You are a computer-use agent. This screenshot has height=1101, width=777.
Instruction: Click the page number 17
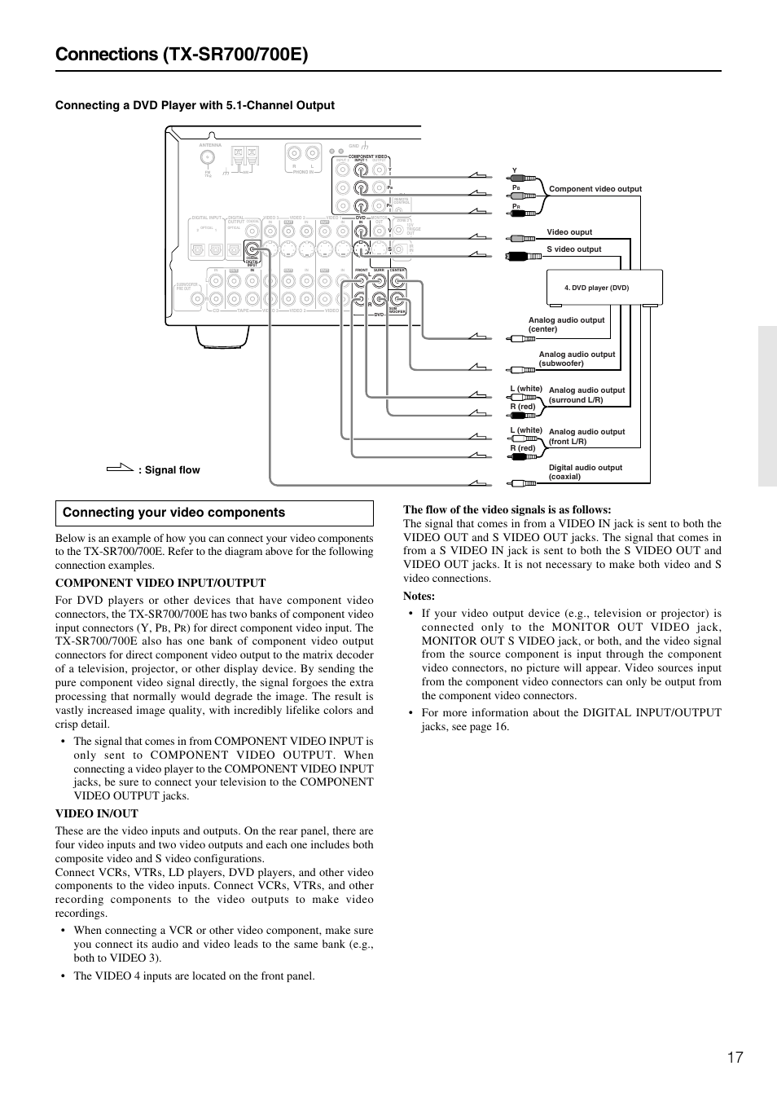click(735, 1057)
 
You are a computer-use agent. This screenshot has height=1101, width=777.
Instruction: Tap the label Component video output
click(595, 189)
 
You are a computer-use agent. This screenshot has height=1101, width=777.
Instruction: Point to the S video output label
click(573, 249)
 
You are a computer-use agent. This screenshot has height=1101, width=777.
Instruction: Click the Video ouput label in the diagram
click(569, 232)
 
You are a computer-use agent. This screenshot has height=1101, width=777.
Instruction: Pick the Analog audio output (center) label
click(566, 324)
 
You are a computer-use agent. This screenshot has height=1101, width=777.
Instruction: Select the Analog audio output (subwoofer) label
click(577, 359)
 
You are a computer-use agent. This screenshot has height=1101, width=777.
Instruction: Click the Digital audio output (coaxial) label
click(585, 472)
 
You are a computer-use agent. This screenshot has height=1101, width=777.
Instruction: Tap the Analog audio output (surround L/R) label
click(586, 395)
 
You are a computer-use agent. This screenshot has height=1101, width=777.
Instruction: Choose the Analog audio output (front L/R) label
click(586, 437)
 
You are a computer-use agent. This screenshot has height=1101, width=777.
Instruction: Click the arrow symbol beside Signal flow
click(120, 469)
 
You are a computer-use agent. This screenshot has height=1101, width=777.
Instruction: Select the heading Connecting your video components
click(173, 513)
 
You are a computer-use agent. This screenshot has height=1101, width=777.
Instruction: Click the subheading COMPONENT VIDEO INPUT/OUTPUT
click(160, 583)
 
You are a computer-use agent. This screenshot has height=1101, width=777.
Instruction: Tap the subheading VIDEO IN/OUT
click(97, 813)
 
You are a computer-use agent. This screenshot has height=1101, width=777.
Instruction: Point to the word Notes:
click(419, 596)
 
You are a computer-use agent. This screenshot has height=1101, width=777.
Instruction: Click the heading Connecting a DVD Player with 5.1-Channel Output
click(195, 105)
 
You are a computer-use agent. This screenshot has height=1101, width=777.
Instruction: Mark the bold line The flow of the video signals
click(507, 510)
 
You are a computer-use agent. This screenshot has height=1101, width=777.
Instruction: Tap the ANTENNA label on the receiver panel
click(210, 145)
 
